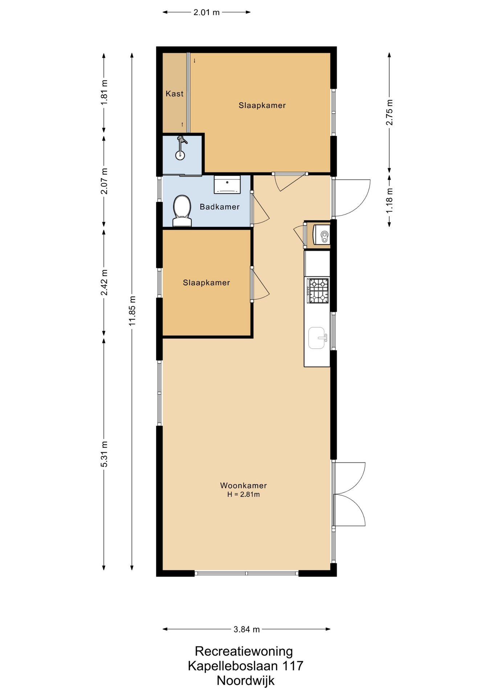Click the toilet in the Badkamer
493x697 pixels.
pyautogui.click(x=182, y=211)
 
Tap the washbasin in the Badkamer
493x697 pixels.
pyautogui.click(x=227, y=184)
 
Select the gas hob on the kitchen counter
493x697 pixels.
pyautogui.click(x=318, y=290)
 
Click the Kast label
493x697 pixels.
pyautogui.click(x=175, y=94)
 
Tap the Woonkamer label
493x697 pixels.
pyautogui.click(x=243, y=485)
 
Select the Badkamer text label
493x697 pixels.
pyautogui.click(x=220, y=207)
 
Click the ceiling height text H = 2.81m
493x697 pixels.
pyautogui.click(x=243, y=494)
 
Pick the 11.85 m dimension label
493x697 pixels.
pyautogui.click(x=133, y=311)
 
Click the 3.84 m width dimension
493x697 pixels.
pyautogui.click(x=246, y=629)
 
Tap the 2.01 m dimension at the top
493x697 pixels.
pyautogui.click(x=207, y=12)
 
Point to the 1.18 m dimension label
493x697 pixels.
pyautogui.click(x=390, y=200)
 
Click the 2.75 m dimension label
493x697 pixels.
pyautogui.click(x=390, y=112)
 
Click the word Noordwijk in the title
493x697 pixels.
pyautogui.click(x=246, y=680)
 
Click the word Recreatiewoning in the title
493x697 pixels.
pyautogui.click(x=244, y=651)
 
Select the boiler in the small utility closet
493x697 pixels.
pyautogui.click(x=322, y=235)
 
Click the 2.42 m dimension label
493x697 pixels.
pyautogui.click(x=104, y=282)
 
